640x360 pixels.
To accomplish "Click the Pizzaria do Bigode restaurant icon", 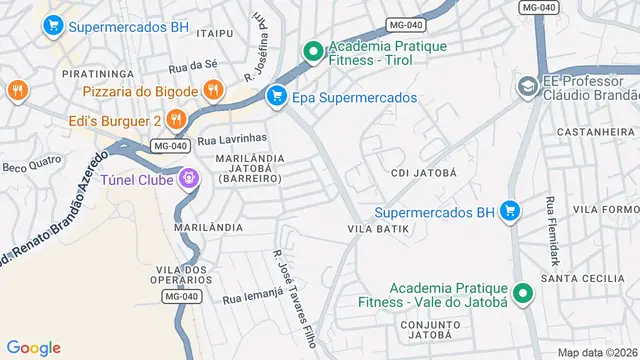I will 212,90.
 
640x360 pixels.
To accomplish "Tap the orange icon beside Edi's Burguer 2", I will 176,120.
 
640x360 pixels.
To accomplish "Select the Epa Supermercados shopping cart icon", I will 275,97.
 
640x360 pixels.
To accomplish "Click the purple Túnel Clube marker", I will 186,179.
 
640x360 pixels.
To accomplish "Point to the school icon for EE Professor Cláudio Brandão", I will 526,88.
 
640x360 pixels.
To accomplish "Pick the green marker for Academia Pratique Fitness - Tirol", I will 313,49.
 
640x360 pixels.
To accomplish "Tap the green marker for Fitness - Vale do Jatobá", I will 521,294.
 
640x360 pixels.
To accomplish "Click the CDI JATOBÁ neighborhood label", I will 424,172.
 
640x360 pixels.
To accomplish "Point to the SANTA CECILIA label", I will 576,278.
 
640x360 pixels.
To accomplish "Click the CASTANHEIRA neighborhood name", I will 589,131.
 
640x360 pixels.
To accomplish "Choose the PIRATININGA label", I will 98,74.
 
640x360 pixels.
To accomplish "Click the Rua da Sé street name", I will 193,67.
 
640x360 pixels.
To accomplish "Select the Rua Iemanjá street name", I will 247,298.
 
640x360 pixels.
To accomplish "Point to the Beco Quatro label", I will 25,165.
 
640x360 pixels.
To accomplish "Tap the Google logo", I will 34,347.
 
